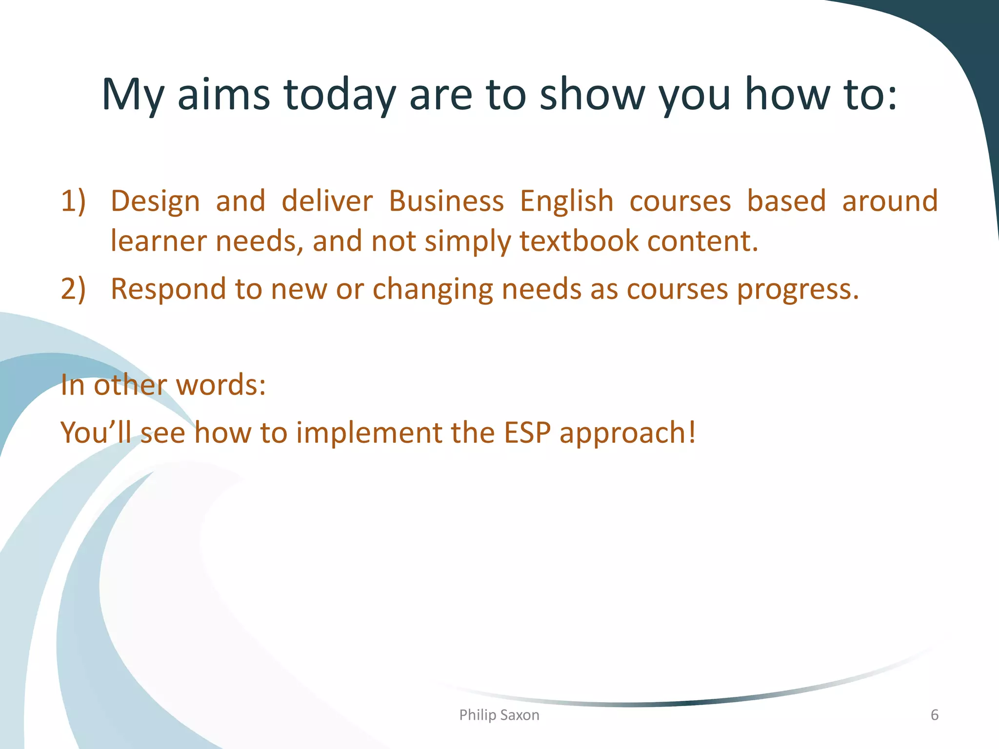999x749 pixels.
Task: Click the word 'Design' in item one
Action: tap(155, 201)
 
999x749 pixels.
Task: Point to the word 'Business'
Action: tap(446, 201)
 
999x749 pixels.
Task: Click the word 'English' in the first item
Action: tap(566, 201)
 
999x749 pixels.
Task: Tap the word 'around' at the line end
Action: tap(890, 201)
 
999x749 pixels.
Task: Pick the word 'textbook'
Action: tap(579, 241)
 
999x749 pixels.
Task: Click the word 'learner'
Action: tap(159, 241)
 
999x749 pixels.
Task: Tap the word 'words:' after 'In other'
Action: tap(220, 385)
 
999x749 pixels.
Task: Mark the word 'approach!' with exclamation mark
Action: tap(627, 434)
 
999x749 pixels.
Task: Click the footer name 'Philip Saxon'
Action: tap(499, 715)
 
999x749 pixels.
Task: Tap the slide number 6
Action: tap(934, 715)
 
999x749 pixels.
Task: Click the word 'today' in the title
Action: tap(340, 95)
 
